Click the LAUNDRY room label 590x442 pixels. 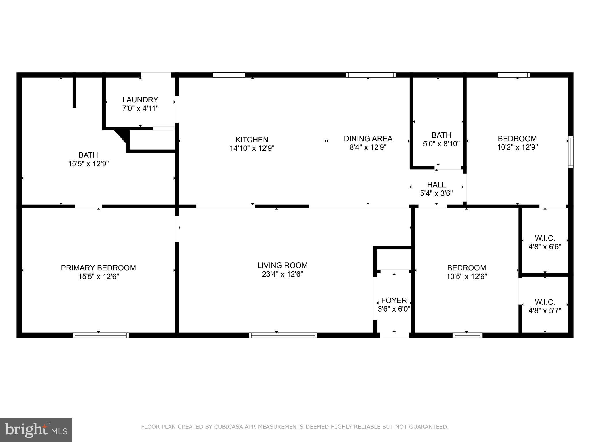click(140, 100)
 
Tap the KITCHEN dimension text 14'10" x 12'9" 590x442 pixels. click(252, 148)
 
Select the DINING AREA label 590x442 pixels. click(368, 139)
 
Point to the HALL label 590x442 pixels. click(436, 185)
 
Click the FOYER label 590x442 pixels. click(394, 300)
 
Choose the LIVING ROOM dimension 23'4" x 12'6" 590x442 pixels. click(282, 274)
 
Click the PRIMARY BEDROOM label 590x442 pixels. click(98, 268)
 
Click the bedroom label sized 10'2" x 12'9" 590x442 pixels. click(517, 139)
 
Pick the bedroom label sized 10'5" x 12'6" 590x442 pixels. click(466, 268)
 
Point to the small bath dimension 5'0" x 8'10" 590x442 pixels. click(441, 144)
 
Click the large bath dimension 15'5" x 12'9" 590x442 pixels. click(88, 164)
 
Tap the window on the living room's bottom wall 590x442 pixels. click(283, 335)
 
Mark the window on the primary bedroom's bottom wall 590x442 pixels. click(100, 335)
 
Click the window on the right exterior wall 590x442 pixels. click(570, 152)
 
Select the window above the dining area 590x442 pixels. click(370, 75)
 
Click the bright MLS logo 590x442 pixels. click(36, 430)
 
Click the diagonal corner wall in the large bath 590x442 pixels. click(122, 136)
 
